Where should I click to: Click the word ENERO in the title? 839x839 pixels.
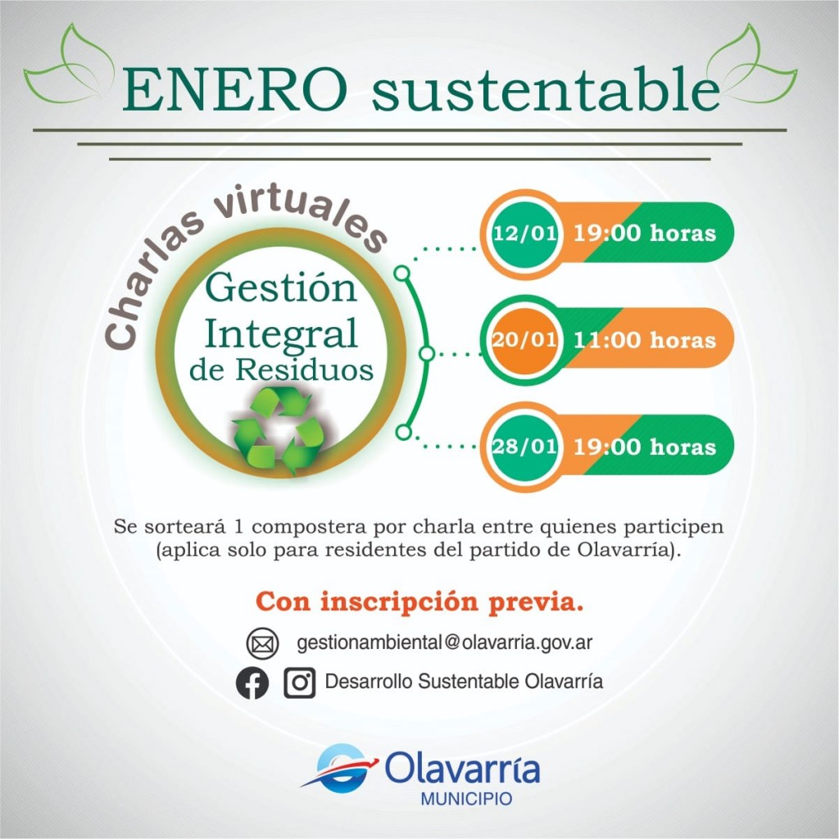click(x=235, y=89)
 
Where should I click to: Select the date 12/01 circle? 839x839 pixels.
click(x=525, y=234)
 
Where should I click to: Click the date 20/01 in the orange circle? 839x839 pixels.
click(x=525, y=340)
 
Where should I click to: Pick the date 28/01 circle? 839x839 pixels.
click(x=525, y=447)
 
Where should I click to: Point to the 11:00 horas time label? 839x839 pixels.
click(x=645, y=340)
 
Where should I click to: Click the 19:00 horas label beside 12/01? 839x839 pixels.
click(x=645, y=234)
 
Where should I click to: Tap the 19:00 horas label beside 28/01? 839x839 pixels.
click(x=645, y=447)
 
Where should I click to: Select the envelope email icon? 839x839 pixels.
click(x=262, y=643)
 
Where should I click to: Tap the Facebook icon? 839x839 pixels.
click(x=252, y=683)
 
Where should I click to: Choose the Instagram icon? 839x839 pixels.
click(x=299, y=683)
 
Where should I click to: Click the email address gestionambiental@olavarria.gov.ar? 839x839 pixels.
click(x=445, y=642)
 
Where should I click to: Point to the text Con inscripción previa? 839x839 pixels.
click(x=419, y=602)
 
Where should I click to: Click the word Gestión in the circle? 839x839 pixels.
click(x=281, y=288)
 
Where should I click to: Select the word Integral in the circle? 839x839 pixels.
click(x=281, y=334)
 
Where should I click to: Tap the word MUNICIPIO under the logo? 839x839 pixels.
click(x=466, y=799)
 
